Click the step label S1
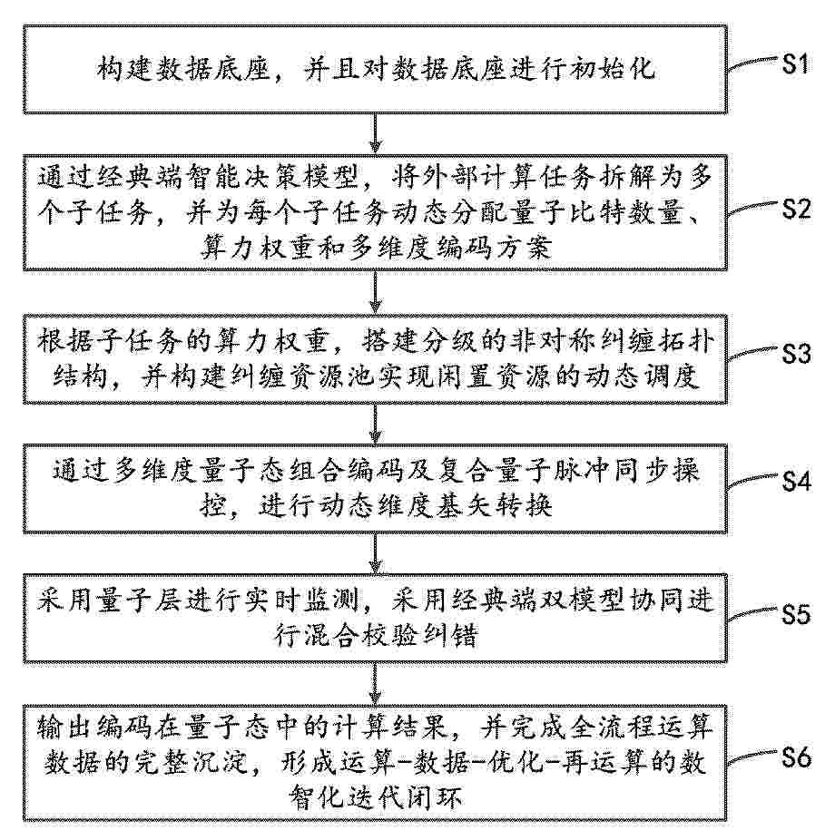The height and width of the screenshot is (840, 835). (795, 64)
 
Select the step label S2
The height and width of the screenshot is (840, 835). (796, 209)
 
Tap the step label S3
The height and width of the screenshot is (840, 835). (796, 354)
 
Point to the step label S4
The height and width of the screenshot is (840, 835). (796, 481)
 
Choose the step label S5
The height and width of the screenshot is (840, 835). (796, 614)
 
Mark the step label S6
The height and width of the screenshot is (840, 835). (796, 757)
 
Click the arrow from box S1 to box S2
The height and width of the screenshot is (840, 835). (376, 133)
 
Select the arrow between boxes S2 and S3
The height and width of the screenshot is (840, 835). (376, 292)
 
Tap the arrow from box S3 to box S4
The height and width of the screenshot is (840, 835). (376, 424)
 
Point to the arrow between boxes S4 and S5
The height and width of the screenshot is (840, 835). (376, 554)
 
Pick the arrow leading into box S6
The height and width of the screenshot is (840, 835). (376, 684)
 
